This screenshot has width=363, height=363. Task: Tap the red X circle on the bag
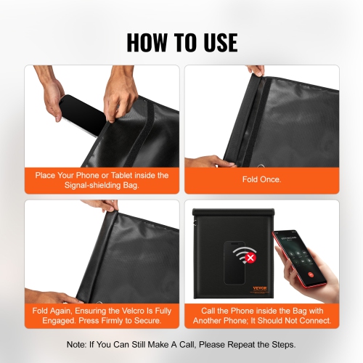pos(250,257)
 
